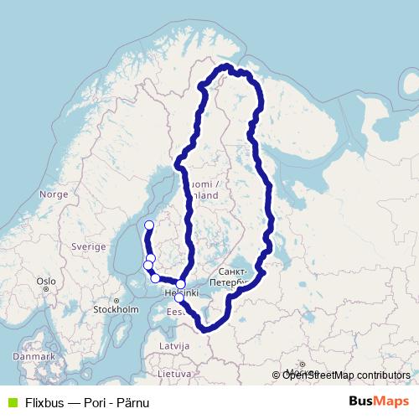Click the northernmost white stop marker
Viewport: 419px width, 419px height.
tap(149, 225)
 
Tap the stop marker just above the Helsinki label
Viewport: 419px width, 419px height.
tap(181, 284)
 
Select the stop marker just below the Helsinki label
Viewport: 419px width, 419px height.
tap(178, 297)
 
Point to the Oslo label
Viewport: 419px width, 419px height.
tap(45, 282)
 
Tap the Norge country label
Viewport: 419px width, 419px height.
tap(53, 194)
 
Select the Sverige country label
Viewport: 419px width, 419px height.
tap(88, 247)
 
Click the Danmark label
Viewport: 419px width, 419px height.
tap(34, 357)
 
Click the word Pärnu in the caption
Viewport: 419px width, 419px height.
tap(139, 402)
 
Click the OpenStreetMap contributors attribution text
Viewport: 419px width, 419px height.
tap(346, 375)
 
